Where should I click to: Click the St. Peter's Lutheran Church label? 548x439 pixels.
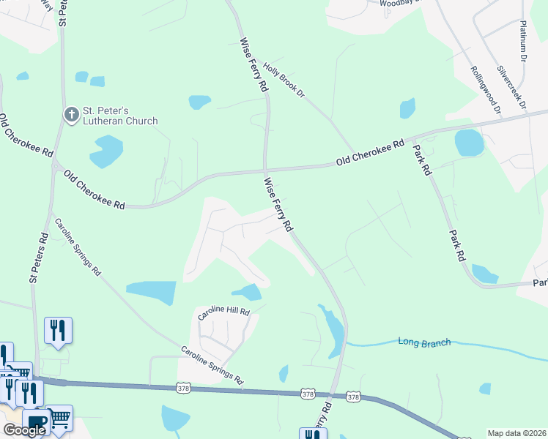click(x=119, y=116)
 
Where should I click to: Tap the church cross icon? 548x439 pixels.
click(x=71, y=115)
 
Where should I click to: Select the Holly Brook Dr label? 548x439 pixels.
click(x=284, y=82)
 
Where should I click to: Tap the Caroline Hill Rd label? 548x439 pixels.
click(x=224, y=312)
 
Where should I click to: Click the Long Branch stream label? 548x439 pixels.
click(x=425, y=342)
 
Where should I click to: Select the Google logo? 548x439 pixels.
click(x=24, y=430)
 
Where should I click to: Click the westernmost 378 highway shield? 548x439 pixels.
click(x=184, y=386)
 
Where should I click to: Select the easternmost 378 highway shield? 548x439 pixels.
click(x=354, y=397)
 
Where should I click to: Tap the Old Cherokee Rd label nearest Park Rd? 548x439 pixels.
click(x=370, y=153)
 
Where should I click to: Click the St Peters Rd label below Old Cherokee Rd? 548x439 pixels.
click(x=38, y=258)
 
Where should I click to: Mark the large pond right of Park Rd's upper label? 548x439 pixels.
click(x=469, y=142)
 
